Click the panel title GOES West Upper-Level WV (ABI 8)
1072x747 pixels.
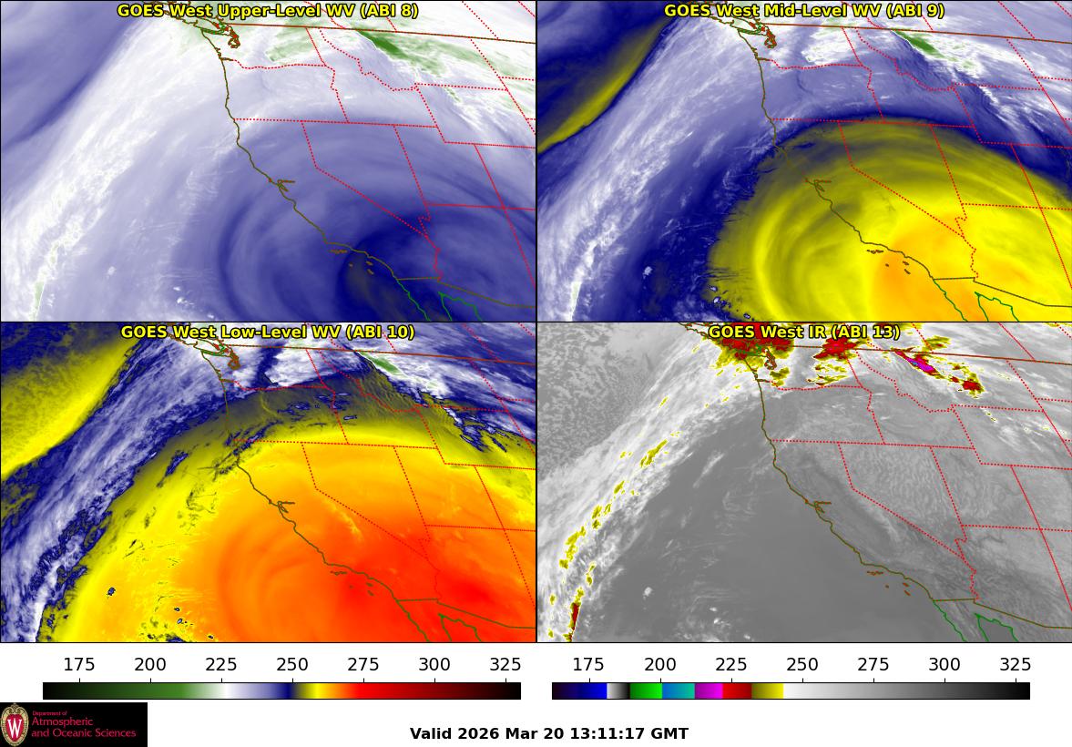[267, 11]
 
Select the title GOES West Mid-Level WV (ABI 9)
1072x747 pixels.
[804, 11]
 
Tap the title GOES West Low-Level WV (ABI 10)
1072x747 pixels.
[267, 333]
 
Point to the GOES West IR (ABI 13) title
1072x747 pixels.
[804, 333]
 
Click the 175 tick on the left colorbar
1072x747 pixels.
[79, 664]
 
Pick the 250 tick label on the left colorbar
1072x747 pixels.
[292, 664]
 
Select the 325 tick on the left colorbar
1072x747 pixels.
[505, 664]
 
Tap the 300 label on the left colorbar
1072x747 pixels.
[434, 664]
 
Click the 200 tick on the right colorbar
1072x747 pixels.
[660, 664]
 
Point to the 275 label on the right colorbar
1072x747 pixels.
[873, 664]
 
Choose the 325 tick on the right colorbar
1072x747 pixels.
[1016, 664]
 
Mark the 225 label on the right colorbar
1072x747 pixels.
[731, 664]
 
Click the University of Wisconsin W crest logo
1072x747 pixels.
[15, 724]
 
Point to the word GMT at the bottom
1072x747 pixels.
[669, 733]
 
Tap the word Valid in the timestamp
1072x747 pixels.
[428, 733]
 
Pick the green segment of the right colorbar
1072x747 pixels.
[646, 691]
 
